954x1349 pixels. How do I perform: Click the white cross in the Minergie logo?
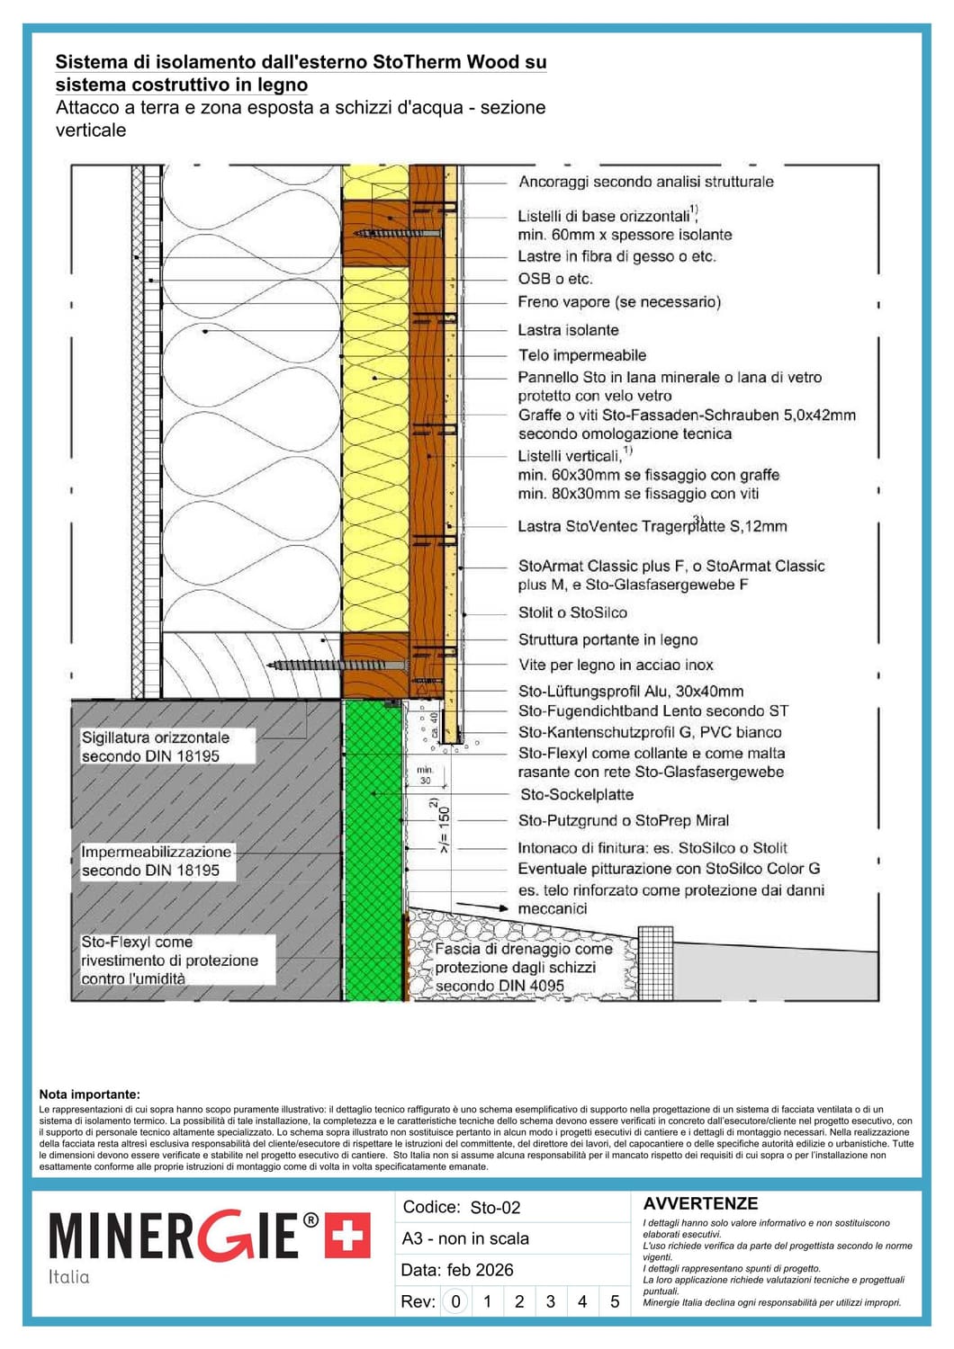click(x=347, y=1236)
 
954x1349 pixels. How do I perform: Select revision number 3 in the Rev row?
click(x=551, y=1301)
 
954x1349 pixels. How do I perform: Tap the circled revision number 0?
click(x=456, y=1301)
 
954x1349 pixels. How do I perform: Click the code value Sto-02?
click(x=495, y=1208)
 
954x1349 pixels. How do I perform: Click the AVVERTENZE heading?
click(x=700, y=1203)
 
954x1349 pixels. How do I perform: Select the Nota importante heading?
click(x=89, y=1094)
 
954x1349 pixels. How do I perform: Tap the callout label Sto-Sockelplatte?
click(x=576, y=794)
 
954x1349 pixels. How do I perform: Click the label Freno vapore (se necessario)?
click(x=618, y=302)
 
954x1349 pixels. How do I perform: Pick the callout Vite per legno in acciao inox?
click(x=616, y=665)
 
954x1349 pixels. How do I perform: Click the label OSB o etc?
click(x=554, y=279)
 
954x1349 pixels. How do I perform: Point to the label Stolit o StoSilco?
click(x=572, y=612)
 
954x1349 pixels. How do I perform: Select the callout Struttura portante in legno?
click(x=607, y=639)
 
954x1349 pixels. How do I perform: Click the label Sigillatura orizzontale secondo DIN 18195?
click(x=155, y=746)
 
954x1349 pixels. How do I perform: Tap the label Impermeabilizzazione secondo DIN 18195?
click(x=156, y=861)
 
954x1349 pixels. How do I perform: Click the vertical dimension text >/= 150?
click(x=444, y=827)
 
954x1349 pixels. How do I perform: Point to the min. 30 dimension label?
click(x=425, y=775)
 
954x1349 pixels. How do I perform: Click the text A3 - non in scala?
click(x=465, y=1238)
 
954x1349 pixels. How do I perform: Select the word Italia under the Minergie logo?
click(x=69, y=1277)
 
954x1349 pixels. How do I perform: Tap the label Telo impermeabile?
click(x=581, y=355)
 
